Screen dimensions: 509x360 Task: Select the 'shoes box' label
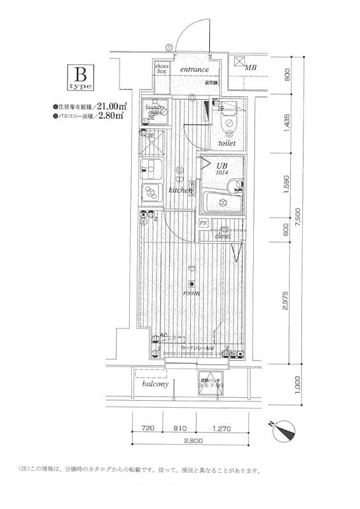pos(162,68)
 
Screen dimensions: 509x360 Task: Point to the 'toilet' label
pos(227,144)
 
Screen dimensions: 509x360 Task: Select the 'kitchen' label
pos(181,190)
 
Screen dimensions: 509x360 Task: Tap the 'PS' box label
pos(204,223)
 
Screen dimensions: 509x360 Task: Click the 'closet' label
pos(222,235)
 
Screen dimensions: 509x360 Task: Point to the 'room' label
pos(191,293)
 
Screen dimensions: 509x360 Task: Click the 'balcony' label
pos(155,384)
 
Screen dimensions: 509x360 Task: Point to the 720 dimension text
pos(147,429)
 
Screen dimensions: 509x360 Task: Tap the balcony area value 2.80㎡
pos(112,116)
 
